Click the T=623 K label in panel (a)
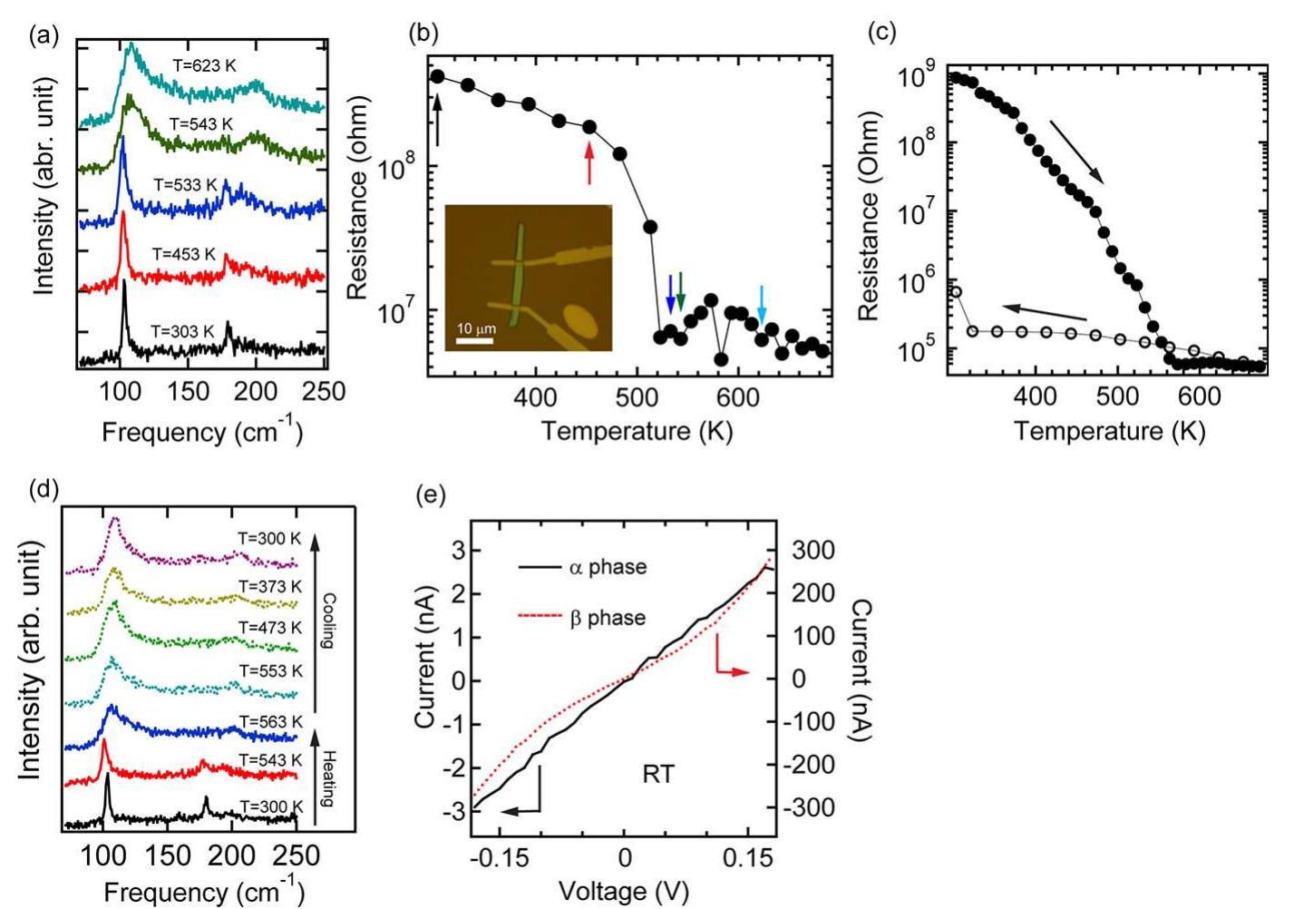(204, 65)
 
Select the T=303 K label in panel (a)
(182, 331)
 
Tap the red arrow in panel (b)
(589, 163)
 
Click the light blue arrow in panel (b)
(762, 303)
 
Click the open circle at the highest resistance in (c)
(955, 292)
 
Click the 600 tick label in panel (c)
(1200, 396)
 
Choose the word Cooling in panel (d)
(328, 621)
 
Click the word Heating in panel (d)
(328, 778)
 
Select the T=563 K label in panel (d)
(270, 721)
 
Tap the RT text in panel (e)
(657, 774)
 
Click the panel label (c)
(881, 32)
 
